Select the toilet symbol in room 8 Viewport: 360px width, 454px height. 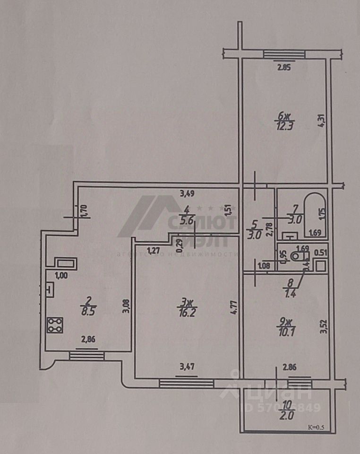(297, 256)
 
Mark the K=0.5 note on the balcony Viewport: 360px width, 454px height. (316, 428)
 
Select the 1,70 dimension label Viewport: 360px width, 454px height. (85, 210)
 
